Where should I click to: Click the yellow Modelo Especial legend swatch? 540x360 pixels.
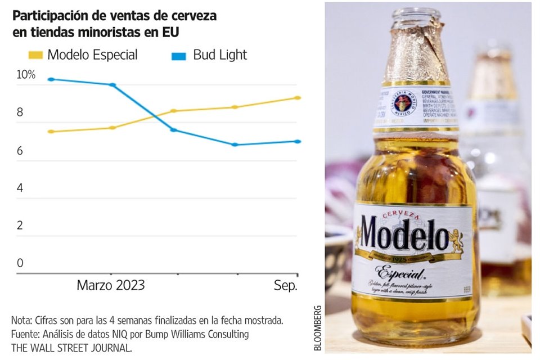point(35,55)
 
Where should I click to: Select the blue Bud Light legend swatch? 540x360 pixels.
point(178,55)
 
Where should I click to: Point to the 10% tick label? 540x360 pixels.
point(26,75)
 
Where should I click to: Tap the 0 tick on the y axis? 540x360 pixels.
point(20,263)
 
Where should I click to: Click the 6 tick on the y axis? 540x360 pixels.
point(20,151)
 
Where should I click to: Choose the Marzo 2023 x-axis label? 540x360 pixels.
point(111,285)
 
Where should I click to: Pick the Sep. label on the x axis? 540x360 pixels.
point(285,285)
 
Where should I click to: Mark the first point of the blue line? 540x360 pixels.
point(51,79)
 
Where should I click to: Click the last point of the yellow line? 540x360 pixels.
point(298,98)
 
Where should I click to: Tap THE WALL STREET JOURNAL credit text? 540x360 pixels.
point(71,348)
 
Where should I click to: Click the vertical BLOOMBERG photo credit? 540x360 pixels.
point(318,328)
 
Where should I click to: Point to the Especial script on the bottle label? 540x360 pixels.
point(400,273)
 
